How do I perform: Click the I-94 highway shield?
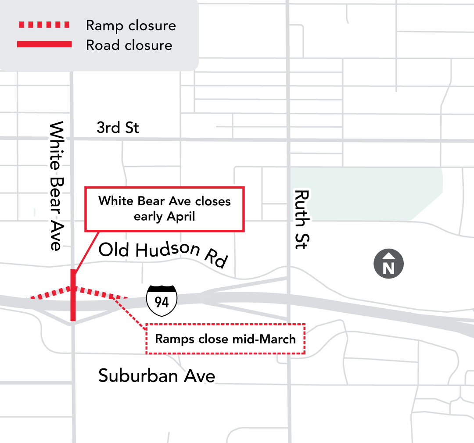(x=162, y=301)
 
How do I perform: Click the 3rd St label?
(x=118, y=128)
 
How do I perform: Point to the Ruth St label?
(x=302, y=219)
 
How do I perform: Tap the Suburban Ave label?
(x=157, y=376)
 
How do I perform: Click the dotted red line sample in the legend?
(x=44, y=25)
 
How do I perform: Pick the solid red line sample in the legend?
(x=44, y=44)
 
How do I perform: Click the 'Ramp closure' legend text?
(x=131, y=25)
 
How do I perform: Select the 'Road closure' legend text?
(x=129, y=45)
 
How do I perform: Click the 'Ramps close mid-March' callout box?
(x=225, y=339)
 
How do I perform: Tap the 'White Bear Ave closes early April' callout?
(x=164, y=209)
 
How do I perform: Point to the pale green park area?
(x=364, y=193)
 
